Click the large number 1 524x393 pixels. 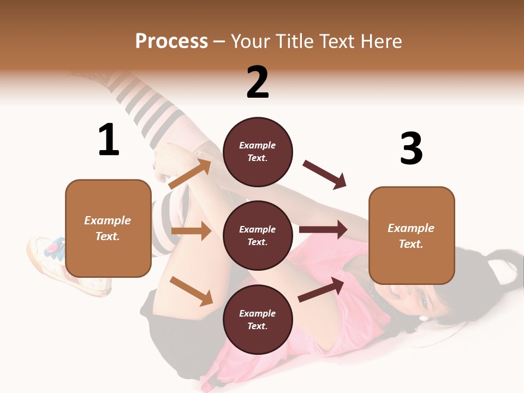click(x=109, y=140)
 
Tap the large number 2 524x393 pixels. click(x=258, y=82)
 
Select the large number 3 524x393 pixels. click(x=411, y=149)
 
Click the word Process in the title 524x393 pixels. click(x=171, y=41)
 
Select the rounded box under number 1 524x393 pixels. click(x=108, y=228)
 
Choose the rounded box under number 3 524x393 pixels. click(x=412, y=236)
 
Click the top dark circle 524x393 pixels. click(x=258, y=152)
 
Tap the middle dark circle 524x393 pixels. click(x=258, y=235)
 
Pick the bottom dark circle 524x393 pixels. click(x=258, y=319)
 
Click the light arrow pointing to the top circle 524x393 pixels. click(x=190, y=174)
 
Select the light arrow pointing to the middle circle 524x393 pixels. click(x=191, y=231)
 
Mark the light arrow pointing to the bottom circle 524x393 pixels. click(x=191, y=290)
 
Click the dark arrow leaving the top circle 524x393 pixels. click(x=324, y=174)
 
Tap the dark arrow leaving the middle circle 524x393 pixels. click(x=323, y=230)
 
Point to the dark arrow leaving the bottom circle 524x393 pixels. click(x=321, y=289)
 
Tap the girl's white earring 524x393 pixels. click(x=424, y=318)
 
